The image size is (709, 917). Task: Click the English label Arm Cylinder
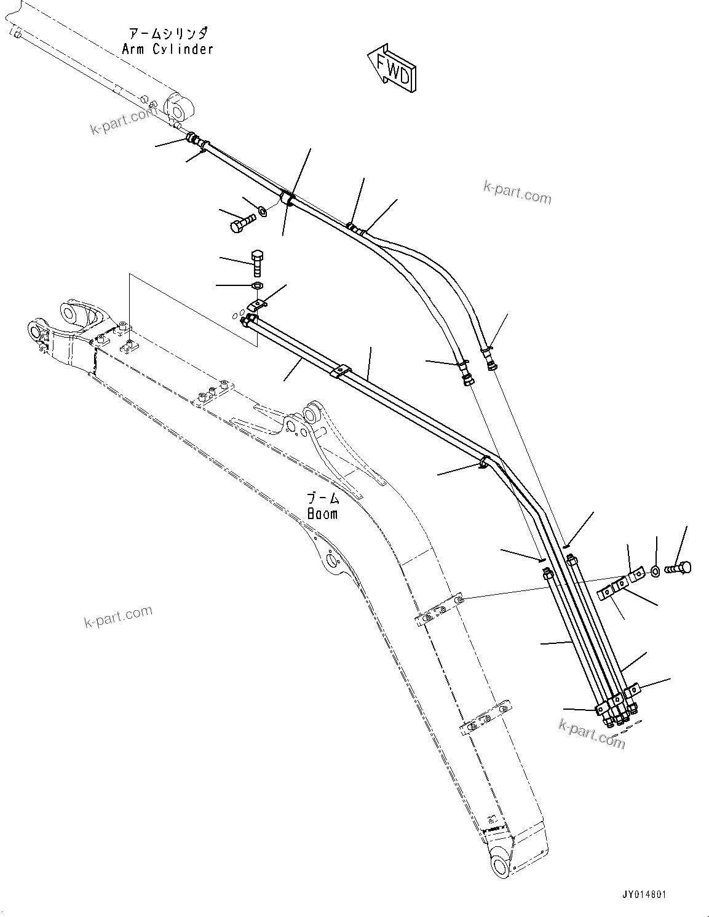(167, 49)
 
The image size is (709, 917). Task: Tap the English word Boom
(322, 514)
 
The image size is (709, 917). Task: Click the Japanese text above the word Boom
(323, 498)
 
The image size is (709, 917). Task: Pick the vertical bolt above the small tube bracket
(258, 262)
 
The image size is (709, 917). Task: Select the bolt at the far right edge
(679, 568)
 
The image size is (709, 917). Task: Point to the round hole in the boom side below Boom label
(332, 560)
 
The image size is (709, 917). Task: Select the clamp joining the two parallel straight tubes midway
(339, 372)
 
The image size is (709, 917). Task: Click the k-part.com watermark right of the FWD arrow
(518, 193)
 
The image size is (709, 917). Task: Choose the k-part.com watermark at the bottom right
(592, 733)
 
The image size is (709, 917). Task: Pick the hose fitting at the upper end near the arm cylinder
(192, 138)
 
